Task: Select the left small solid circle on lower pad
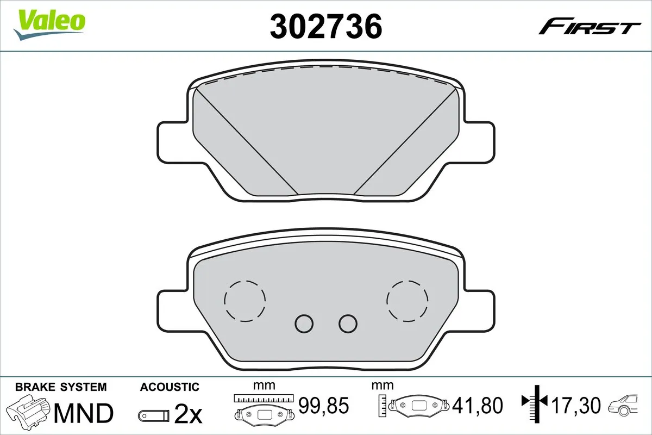point(304,324)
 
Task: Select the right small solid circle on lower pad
point(348,324)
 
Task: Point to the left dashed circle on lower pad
point(244,300)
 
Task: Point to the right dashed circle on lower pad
point(407,300)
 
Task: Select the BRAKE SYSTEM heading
point(61,387)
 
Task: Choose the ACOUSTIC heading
point(170,387)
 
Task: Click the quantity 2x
point(187,415)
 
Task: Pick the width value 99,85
point(323,405)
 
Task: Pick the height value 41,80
point(479,405)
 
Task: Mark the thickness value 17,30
point(575,405)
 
